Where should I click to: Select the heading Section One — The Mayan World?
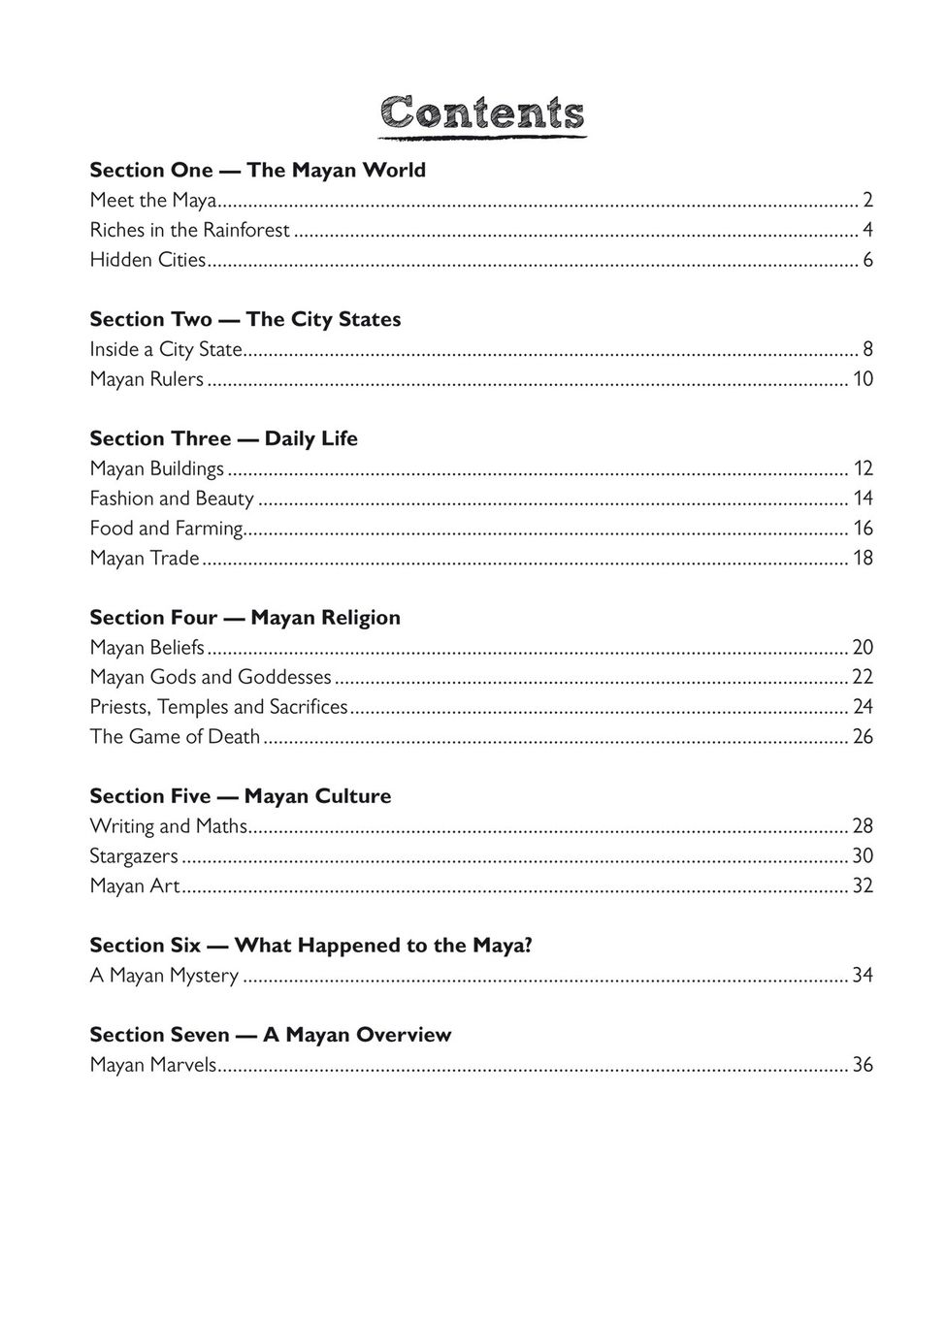tap(257, 170)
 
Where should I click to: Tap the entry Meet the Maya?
tap(152, 200)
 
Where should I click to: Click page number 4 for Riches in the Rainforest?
tap(867, 230)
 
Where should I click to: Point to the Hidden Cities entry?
tap(147, 260)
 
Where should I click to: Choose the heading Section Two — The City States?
tap(245, 319)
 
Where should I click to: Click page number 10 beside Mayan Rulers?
tap(863, 378)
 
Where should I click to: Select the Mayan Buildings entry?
tap(156, 468)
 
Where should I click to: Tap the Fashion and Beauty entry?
tap(172, 499)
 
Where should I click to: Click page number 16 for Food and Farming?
tap(863, 528)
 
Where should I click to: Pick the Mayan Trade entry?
tap(145, 558)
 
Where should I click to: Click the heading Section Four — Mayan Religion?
tap(245, 617)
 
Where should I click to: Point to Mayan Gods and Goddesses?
tap(211, 677)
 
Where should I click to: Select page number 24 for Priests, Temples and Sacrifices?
tap(863, 706)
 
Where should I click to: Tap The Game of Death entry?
tap(175, 736)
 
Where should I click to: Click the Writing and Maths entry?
tap(169, 825)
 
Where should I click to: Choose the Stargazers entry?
tap(134, 855)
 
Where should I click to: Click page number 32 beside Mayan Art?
tap(863, 885)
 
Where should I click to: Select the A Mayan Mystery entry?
tap(164, 975)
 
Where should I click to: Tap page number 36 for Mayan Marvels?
tap(863, 1064)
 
